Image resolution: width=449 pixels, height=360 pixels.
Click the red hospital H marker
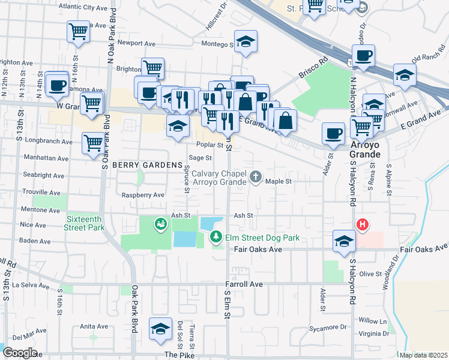coord(363,225)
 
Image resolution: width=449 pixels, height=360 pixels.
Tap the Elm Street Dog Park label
coord(262,238)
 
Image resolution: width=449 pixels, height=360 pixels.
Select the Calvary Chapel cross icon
coord(256,176)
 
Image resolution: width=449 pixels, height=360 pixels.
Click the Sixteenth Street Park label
coord(84,223)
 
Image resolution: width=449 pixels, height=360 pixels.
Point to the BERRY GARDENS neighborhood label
coord(146,165)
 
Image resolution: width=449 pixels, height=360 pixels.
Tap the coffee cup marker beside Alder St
coord(333,133)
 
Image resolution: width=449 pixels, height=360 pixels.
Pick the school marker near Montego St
coord(244,41)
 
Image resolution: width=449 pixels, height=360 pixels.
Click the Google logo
coord(19,353)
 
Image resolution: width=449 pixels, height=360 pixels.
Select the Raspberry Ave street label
coord(143,195)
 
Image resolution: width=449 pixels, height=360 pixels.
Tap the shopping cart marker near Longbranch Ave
coord(93,143)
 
